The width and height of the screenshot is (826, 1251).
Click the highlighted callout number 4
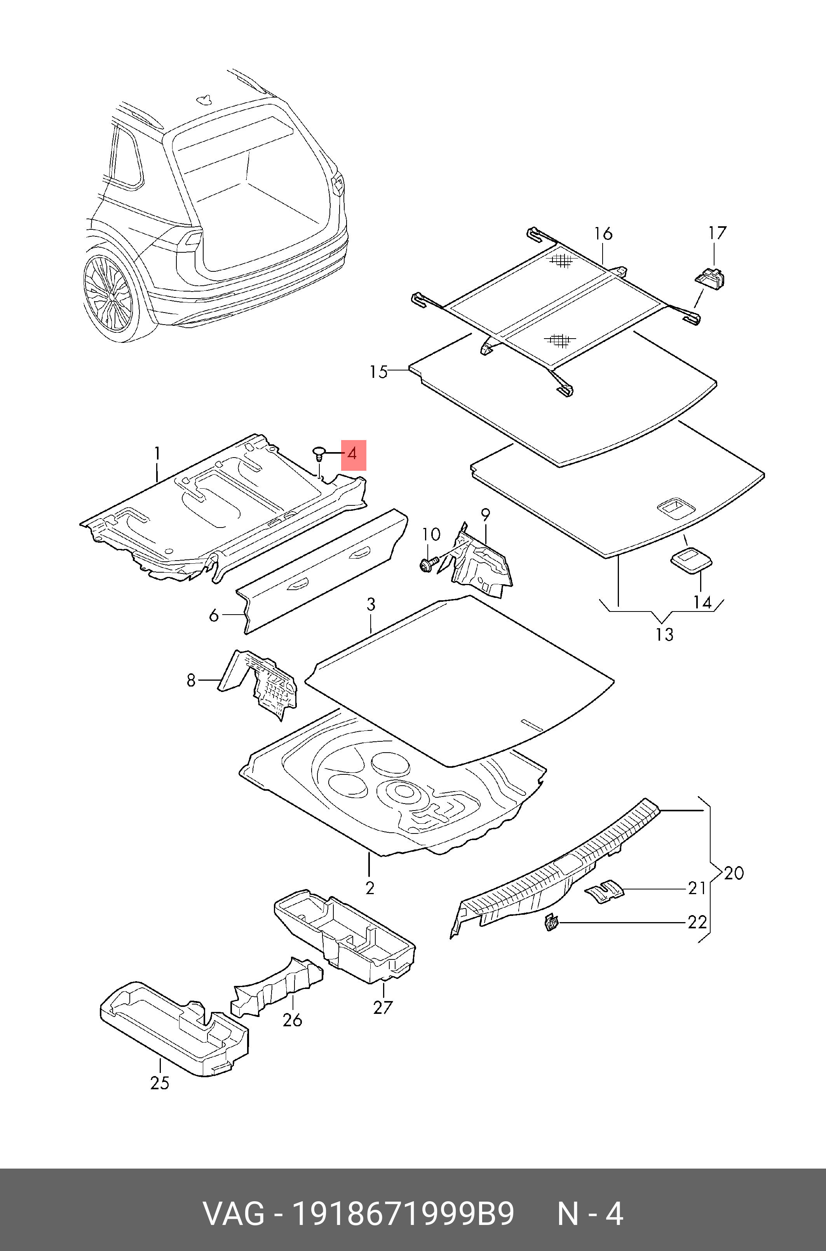point(353,454)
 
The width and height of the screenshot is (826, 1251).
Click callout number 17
point(717,233)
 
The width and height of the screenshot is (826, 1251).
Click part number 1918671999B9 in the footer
point(403,1214)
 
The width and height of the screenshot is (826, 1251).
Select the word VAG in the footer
point(234,1214)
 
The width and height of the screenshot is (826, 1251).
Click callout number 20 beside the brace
point(733,873)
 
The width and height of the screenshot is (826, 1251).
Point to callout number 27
point(383,1007)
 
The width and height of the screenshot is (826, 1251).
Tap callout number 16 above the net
point(603,233)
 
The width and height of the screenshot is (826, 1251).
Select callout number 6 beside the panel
point(214,615)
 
